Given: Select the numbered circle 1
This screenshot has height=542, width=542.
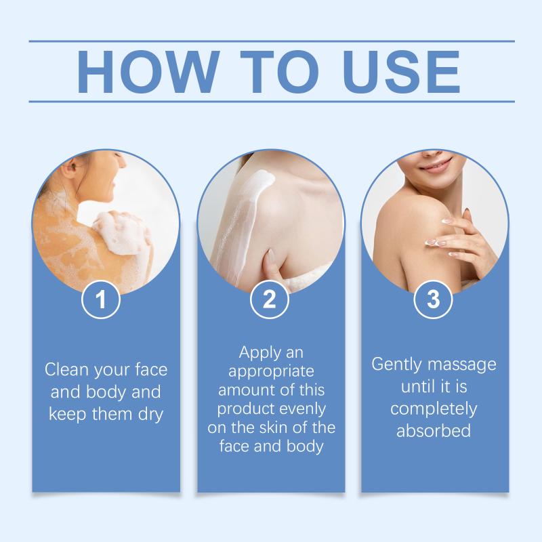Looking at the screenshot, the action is coord(100,299).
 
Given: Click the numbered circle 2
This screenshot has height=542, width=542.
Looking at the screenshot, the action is coord(269,299).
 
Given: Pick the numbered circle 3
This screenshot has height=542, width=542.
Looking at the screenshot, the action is coord(433,299).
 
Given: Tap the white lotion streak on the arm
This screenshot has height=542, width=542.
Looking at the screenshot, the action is coord(242,222).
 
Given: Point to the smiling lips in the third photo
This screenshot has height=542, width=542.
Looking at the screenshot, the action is coord(436,164).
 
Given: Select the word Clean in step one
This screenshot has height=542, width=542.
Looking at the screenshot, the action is coord(66,369).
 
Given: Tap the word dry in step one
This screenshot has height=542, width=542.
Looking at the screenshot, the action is coord(150,415).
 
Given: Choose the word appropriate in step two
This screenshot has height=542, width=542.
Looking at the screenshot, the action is coord(271,372).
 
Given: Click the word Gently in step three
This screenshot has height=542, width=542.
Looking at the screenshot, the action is coord(397,365).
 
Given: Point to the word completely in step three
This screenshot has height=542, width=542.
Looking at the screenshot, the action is coord(434,409).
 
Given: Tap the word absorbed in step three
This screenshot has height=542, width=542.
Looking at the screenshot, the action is coord(434,431).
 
